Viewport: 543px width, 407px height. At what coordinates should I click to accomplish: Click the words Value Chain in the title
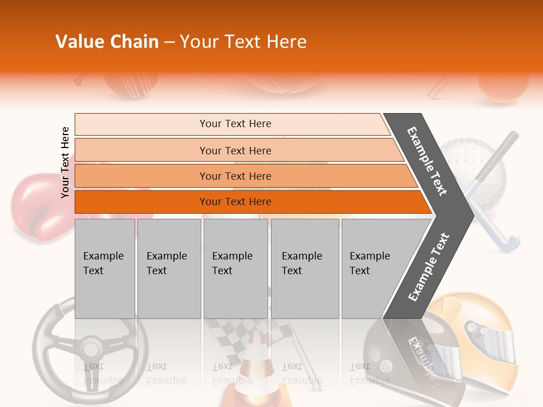tap(107, 42)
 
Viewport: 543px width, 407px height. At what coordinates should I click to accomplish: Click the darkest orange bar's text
tap(235, 202)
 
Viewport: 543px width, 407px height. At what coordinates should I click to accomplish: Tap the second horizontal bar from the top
tap(235, 150)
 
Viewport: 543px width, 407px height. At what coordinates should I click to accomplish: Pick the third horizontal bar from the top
tap(235, 176)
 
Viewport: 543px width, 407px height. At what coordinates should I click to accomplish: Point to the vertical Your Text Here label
tap(65, 162)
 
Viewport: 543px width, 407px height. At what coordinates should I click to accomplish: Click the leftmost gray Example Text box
tap(105, 269)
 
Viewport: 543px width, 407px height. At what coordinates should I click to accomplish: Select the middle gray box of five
tap(235, 269)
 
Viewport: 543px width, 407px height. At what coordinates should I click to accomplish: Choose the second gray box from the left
tap(169, 269)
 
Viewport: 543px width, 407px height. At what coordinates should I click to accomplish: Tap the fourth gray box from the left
tap(305, 269)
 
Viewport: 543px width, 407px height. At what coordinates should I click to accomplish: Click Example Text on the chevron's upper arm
tap(428, 161)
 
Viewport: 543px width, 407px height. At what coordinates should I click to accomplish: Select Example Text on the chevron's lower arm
tap(429, 267)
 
